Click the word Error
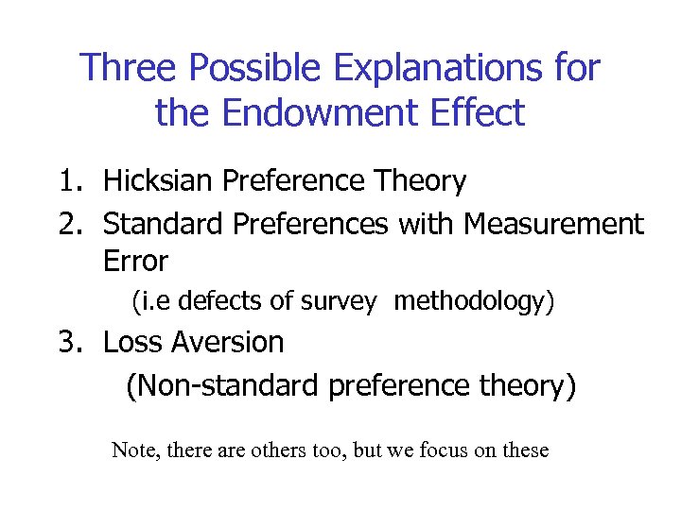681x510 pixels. (x=135, y=261)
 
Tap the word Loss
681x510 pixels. (x=133, y=342)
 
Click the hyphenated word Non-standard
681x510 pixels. (x=221, y=385)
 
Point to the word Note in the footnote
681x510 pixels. (x=135, y=450)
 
